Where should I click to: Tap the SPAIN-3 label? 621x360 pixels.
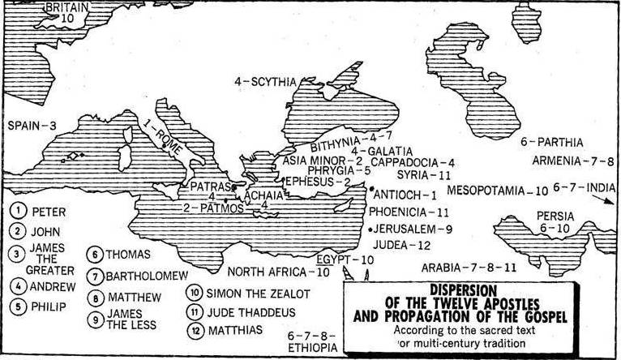(x=32, y=126)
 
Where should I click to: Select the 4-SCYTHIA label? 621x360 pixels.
(x=265, y=81)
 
